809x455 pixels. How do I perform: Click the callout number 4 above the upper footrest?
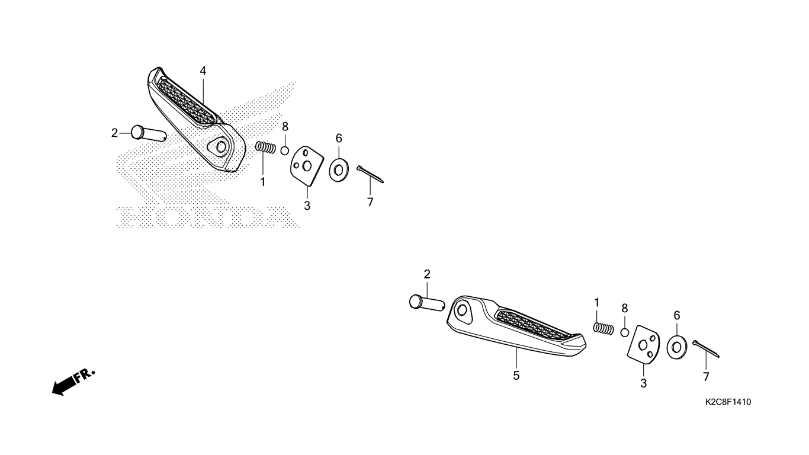pyautogui.click(x=203, y=71)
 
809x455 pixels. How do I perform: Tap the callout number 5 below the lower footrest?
pyautogui.click(x=516, y=376)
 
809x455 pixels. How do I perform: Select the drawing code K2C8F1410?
pyautogui.click(x=728, y=402)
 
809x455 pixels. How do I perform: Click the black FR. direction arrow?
pyautogui.click(x=73, y=382)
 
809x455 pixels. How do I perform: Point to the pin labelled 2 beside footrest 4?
pyautogui.click(x=148, y=133)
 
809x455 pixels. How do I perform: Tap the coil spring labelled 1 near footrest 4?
pyautogui.click(x=265, y=148)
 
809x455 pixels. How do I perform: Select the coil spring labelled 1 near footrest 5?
pyautogui.click(x=603, y=328)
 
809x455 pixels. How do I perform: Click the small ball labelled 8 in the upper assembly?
pyautogui.click(x=285, y=150)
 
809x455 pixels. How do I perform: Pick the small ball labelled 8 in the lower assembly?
pyautogui.click(x=625, y=332)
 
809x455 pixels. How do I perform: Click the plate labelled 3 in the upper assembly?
pyautogui.click(x=307, y=166)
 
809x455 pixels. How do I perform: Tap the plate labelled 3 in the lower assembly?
pyautogui.click(x=644, y=345)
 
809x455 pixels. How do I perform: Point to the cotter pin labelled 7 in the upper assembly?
pyautogui.click(x=370, y=175)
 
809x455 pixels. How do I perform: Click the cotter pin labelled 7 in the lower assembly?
pyautogui.click(x=706, y=349)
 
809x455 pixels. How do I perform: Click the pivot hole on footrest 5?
pyautogui.click(x=462, y=310)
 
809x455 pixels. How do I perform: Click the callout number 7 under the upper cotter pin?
pyautogui.click(x=370, y=202)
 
